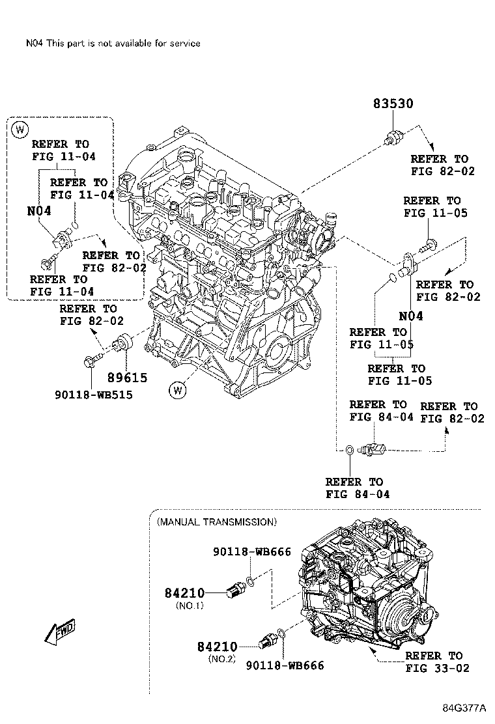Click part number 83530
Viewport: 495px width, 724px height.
coord(393,104)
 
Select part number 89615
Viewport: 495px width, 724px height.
coord(127,378)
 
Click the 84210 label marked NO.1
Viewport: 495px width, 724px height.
coord(184,593)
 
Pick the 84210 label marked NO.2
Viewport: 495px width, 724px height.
coord(217,647)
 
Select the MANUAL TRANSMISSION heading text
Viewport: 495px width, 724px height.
coord(216,522)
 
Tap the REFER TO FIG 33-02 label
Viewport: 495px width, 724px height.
coord(436,661)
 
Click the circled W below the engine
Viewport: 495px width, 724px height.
coord(177,390)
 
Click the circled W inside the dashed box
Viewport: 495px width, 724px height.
coord(20,128)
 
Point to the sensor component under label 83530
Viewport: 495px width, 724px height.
coord(394,137)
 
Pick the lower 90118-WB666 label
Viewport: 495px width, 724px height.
coord(285,665)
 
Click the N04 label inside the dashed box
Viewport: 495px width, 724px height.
coord(39,211)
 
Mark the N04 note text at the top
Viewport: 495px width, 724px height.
coord(113,43)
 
